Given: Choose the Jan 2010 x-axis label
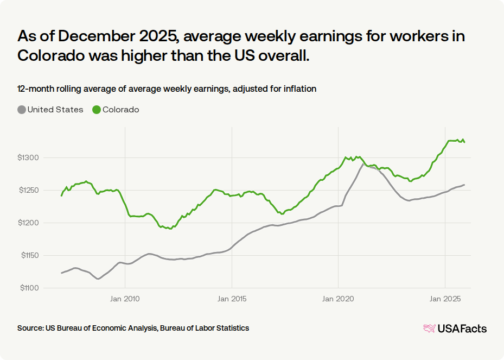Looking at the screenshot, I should pyautogui.click(x=125, y=298).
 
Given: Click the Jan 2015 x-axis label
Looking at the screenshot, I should pyautogui.click(x=232, y=298).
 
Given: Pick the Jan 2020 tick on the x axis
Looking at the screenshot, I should pyautogui.click(x=338, y=298).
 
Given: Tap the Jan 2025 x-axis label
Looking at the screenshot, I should pyautogui.click(x=445, y=298).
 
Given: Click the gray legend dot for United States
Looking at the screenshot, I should pyautogui.click(x=22, y=110).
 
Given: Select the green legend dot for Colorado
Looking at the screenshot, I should pyautogui.click(x=97, y=110).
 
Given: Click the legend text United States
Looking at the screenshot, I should pyautogui.click(x=55, y=110).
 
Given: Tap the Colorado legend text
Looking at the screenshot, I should pyautogui.click(x=121, y=110).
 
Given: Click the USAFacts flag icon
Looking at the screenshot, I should pyautogui.click(x=429, y=329).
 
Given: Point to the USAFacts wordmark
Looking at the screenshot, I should pyautogui.click(x=462, y=329).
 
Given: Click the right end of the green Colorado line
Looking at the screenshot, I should pyautogui.click(x=464, y=142).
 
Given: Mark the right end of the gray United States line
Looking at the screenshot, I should pyautogui.click(x=464, y=185).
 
